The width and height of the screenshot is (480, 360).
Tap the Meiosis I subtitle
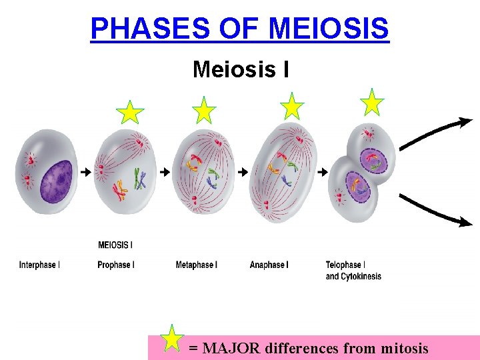pyautogui.click(x=241, y=69)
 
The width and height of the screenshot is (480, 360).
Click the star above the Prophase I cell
pyautogui.click(x=129, y=113)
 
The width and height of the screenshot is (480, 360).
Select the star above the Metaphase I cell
pyautogui.click(x=203, y=111)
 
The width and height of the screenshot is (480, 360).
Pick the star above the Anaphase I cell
pyautogui.click(x=291, y=107)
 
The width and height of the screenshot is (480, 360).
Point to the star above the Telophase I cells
pyautogui.click(x=371, y=103)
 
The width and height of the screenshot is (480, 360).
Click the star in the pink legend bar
pyautogui.click(x=173, y=339)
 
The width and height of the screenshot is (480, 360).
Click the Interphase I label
pyautogui.click(x=39, y=265)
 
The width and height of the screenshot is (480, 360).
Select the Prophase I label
pyautogui.click(x=116, y=265)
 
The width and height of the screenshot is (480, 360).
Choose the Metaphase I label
pyautogui.click(x=196, y=265)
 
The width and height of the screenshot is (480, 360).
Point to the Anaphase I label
pyautogui.click(x=269, y=265)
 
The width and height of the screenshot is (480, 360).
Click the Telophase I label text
pyautogui.click(x=345, y=265)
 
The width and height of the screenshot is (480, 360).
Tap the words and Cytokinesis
pyautogui.click(x=353, y=277)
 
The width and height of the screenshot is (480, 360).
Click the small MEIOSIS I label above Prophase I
pyautogui.click(x=115, y=245)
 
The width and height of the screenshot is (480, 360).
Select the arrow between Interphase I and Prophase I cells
pyautogui.click(x=85, y=172)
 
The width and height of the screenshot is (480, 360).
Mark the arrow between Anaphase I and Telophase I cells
pyautogui.click(x=323, y=172)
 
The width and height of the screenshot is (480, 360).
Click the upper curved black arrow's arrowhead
pyautogui.click(x=465, y=123)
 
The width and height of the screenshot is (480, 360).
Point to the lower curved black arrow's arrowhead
pyautogui.click(x=464, y=223)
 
